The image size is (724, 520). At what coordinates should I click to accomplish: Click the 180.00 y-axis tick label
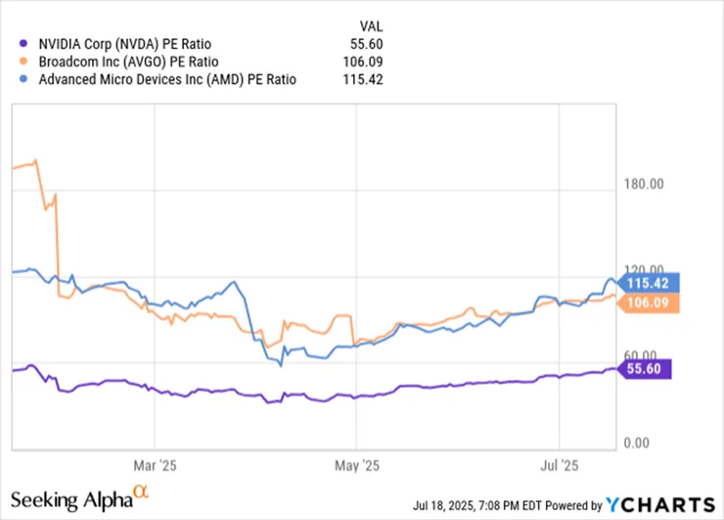click(x=645, y=183)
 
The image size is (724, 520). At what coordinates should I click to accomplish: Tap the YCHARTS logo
click(x=660, y=504)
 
